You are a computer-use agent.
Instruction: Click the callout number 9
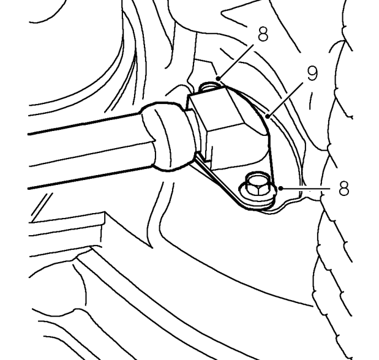click(312, 73)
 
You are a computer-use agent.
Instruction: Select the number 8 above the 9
click(263, 34)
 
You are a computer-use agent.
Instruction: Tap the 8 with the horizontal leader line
click(344, 188)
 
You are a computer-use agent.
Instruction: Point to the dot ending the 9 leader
click(268, 116)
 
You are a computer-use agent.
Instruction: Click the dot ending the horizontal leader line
click(280, 188)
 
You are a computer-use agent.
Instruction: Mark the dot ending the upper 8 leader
click(218, 78)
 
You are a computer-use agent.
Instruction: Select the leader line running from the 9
click(285, 100)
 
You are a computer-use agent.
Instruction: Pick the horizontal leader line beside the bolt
click(305, 188)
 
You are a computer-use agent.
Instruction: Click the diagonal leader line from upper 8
click(236, 61)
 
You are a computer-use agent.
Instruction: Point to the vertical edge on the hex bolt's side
click(258, 191)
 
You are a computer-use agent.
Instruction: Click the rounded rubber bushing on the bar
click(167, 137)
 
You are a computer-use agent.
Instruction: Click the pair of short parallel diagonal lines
click(41, 207)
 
